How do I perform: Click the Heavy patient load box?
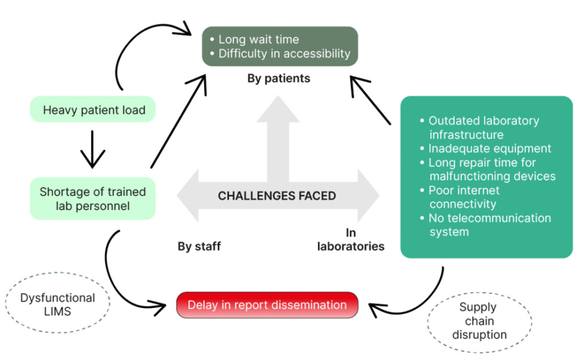94,110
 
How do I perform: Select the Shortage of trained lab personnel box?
93,198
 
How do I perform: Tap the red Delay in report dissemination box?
267,305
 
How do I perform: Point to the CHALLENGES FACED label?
277,196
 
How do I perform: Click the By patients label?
278,78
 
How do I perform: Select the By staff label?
199,247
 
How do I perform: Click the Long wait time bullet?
258,39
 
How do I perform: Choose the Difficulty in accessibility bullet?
284,53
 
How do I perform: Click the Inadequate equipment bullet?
489,148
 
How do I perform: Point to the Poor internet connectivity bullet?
472,197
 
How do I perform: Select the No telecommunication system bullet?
488,225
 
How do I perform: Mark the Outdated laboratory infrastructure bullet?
483,127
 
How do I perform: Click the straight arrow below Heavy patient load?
93,148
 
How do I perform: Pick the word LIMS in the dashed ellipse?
58,312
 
